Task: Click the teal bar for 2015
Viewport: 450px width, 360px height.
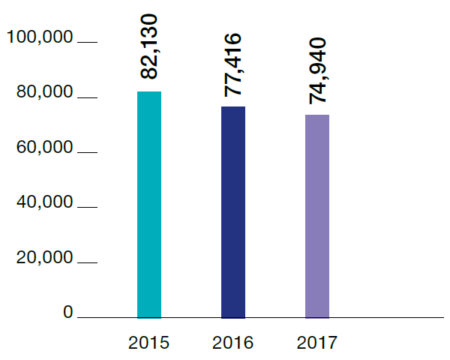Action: [149, 204]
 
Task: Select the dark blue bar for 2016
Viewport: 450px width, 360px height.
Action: [233, 211]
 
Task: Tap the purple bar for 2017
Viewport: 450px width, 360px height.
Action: [317, 216]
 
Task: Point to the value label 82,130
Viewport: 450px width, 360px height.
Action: [150, 47]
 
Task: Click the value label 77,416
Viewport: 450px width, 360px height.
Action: [234, 64]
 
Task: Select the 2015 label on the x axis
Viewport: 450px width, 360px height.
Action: [149, 343]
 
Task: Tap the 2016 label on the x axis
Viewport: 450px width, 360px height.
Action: [233, 343]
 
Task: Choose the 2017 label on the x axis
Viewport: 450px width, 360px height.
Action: [317, 343]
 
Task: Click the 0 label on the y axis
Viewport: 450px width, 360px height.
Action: [68, 313]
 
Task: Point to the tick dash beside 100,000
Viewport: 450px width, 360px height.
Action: [87, 43]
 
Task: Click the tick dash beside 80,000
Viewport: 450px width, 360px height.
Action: [87, 98]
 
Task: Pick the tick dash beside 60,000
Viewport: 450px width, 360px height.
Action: [87, 153]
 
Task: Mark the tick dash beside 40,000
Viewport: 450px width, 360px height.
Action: [87, 208]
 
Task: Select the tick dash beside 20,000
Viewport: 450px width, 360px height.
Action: [87, 263]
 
